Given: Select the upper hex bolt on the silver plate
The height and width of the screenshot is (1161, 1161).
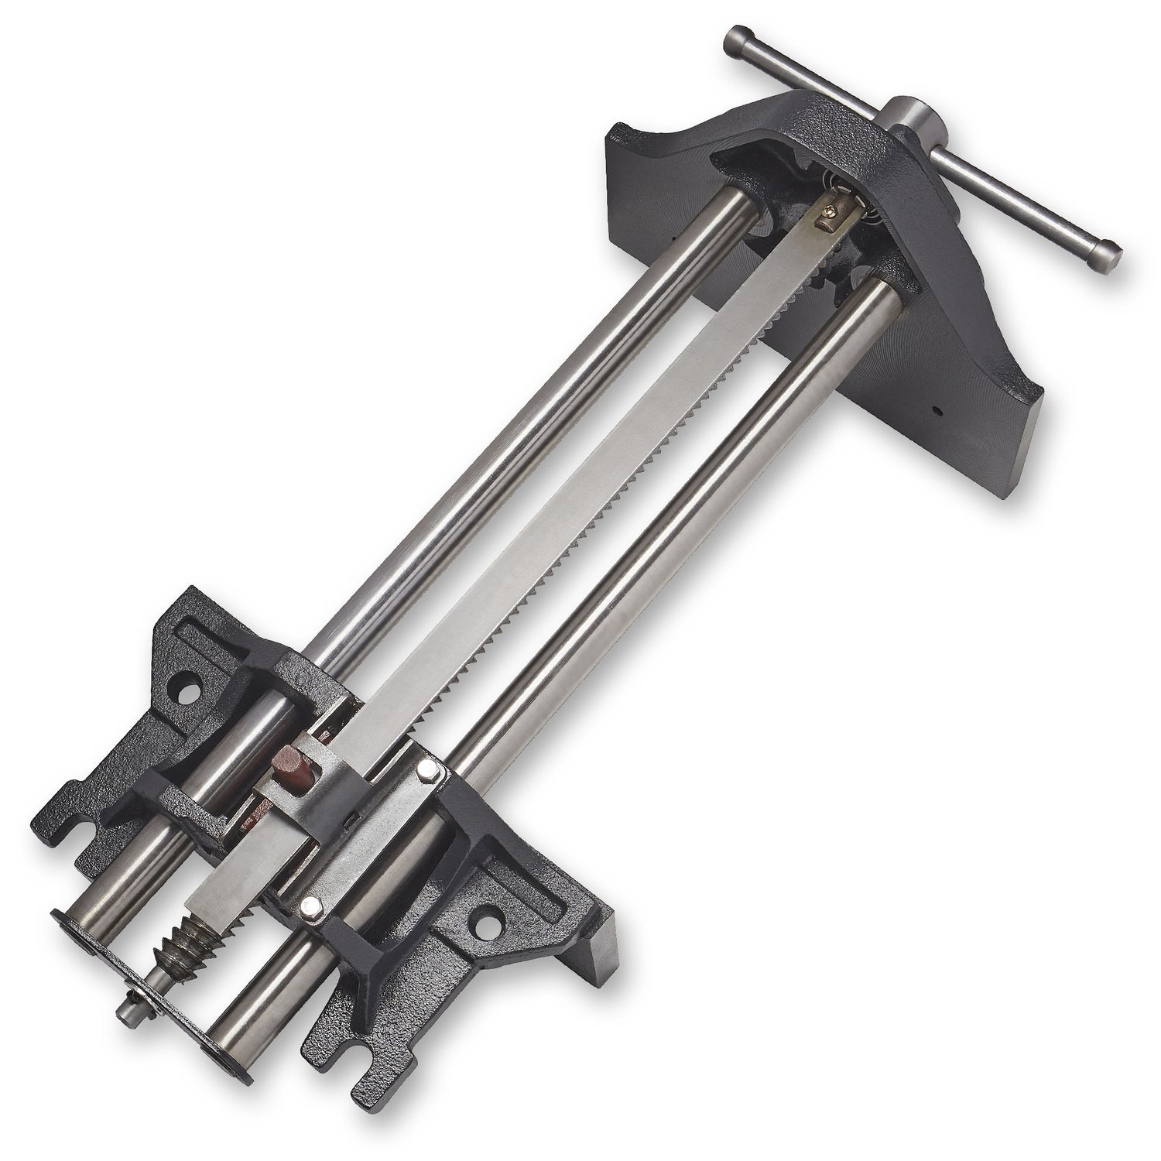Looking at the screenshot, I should pos(426,770).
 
